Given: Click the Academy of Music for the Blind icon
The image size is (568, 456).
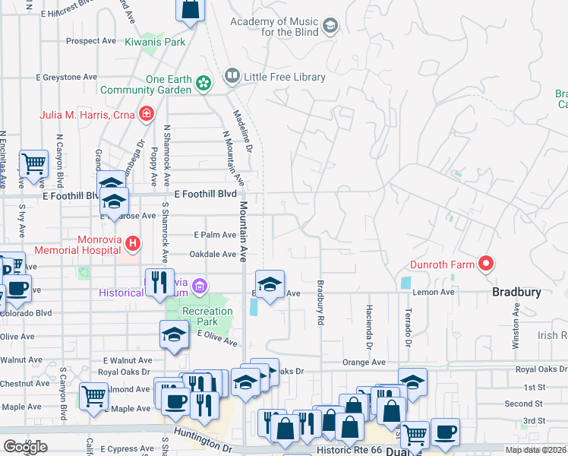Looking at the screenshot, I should click(x=330, y=27).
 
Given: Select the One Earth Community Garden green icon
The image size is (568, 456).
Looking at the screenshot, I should click(x=204, y=83).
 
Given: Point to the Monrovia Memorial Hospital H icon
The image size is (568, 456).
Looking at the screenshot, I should click(x=133, y=243).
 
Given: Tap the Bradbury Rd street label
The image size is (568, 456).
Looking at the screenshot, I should click(x=320, y=304).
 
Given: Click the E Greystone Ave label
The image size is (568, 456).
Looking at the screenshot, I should click(x=67, y=77).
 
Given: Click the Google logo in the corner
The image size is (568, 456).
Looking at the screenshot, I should click(x=25, y=446).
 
